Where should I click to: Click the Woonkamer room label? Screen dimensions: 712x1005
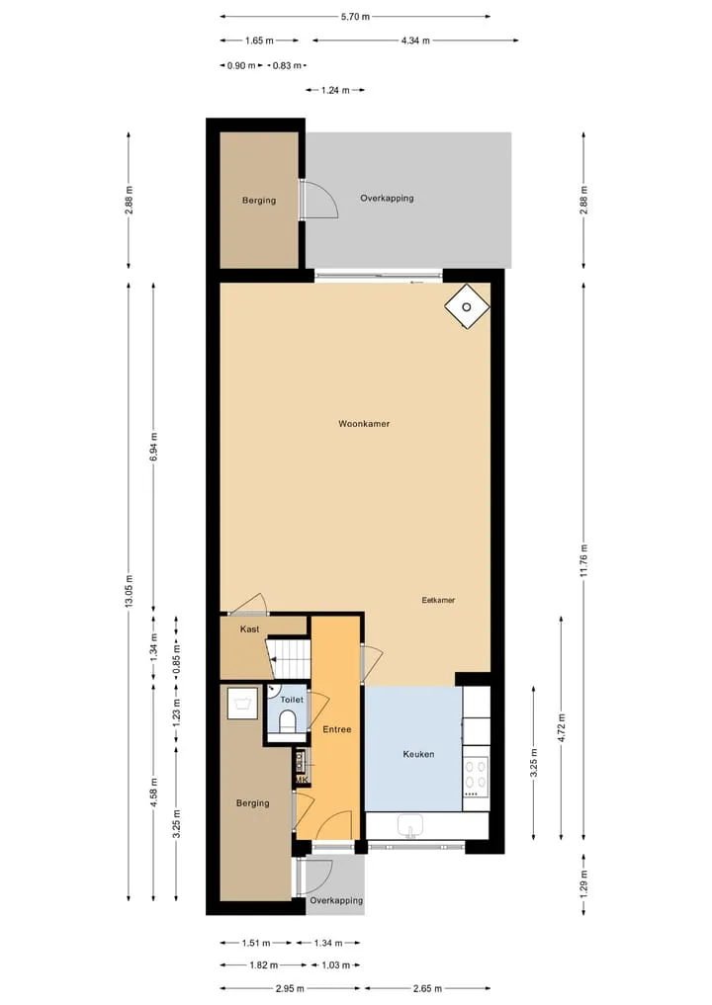coord(364,424)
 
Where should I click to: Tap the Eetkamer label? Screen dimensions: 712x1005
coord(438,600)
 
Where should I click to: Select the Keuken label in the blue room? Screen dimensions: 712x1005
coord(418,754)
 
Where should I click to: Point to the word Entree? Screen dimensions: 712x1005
coord(337,729)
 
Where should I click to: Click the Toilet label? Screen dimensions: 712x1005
coord(292,700)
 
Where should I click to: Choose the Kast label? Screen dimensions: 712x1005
coord(249,629)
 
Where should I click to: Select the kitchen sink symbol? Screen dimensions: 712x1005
coord(409,826)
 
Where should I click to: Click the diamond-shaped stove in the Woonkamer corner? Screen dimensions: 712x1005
coord(467,306)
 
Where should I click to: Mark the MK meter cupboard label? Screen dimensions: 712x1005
coord(302,780)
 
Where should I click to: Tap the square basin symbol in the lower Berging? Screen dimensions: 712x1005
coord(242,704)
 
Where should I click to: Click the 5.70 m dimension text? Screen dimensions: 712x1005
coord(355,17)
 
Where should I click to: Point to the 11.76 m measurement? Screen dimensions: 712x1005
coord(583,561)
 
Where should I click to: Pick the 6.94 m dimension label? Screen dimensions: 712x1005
coord(153,447)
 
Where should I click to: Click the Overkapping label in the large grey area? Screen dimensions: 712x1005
coord(387,198)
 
